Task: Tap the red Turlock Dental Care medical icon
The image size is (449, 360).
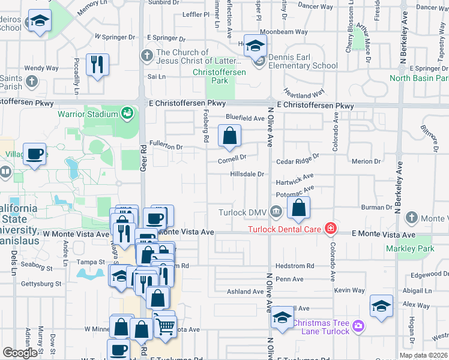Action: [x=330, y=228]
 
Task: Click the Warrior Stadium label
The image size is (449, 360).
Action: [x=88, y=114]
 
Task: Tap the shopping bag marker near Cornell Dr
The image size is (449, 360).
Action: [x=230, y=137]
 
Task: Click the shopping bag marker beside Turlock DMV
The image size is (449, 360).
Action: [x=299, y=209]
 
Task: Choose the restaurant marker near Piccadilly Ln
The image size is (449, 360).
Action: [x=97, y=65]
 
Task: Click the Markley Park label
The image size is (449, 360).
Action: [x=410, y=248]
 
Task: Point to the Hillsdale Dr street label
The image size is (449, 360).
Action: [x=247, y=174]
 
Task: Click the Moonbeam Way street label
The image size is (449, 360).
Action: [x=284, y=31]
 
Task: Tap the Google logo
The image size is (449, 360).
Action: [x=20, y=353]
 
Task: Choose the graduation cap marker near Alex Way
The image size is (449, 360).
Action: [x=381, y=306]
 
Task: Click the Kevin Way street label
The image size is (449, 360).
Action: [x=350, y=290]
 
